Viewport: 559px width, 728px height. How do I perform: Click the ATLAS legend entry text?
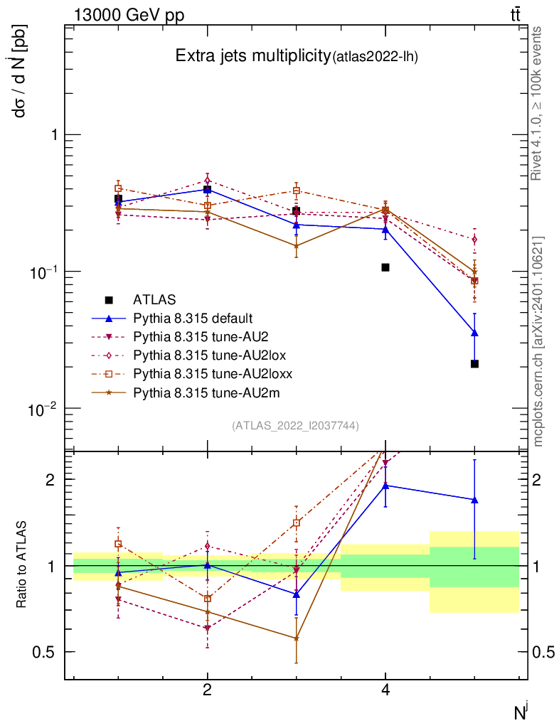(154, 299)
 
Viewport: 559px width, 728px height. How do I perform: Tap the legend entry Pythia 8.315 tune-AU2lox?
(210, 354)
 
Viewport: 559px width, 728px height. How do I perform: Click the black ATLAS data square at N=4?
(385, 267)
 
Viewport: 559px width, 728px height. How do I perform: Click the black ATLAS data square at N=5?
(474, 364)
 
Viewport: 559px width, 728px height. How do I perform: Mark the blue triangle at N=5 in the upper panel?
(474, 333)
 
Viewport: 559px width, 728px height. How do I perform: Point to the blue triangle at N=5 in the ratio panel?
(474, 500)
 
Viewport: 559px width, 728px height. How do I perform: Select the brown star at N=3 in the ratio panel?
(297, 638)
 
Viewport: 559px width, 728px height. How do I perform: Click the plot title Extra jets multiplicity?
(253, 57)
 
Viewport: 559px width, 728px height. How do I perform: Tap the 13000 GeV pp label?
(129, 16)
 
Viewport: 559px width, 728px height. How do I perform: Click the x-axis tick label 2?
(207, 690)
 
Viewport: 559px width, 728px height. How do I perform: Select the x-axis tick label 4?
(385, 690)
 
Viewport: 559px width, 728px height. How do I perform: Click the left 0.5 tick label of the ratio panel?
(46, 653)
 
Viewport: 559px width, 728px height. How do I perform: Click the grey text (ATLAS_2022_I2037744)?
(295, 426)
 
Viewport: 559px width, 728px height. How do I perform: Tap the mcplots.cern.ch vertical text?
(539, 341)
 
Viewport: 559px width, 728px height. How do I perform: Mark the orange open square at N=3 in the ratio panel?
(297, 523)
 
